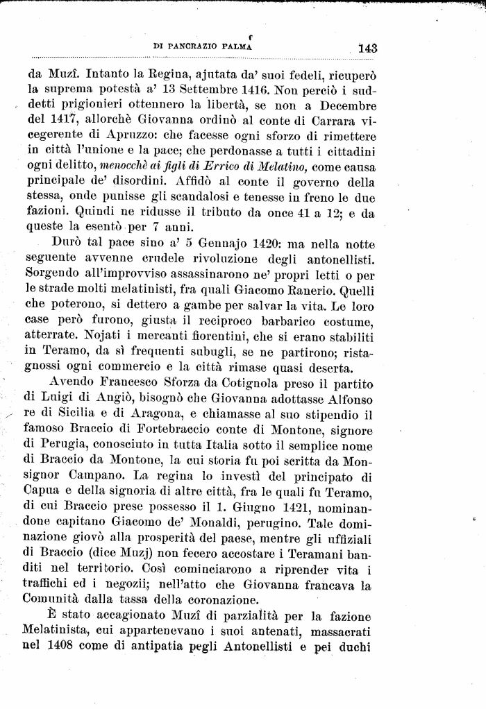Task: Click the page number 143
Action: coord(367,48)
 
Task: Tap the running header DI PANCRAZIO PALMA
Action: coord(201,46)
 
